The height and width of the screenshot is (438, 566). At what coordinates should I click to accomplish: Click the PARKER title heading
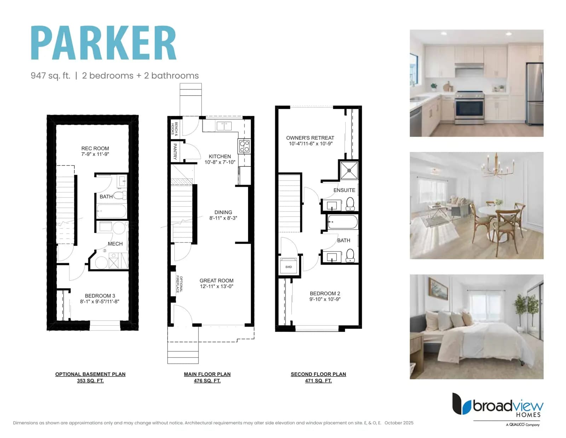[x=104, y=43]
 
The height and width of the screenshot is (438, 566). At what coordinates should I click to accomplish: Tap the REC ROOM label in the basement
[x=95, y=148]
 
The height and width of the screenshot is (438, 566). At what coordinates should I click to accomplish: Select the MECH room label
[x=115, y=244]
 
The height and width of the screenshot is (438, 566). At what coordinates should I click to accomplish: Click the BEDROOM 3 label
[x=100, y=296]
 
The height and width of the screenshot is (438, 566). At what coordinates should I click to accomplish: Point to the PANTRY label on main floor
[x=175, y=151]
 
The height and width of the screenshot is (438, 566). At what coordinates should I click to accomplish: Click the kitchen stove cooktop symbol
[x=244, y=146]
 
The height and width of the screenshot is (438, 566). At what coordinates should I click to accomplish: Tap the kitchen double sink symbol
[x=224, y=126]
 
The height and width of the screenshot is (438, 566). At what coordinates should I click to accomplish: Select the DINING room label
[x=223, y=212]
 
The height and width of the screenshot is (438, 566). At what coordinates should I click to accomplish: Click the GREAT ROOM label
[x=216, y=280]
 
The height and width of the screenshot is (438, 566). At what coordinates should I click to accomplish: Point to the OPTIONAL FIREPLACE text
[x=179, y=284]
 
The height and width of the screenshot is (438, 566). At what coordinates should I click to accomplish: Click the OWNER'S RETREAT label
[x=310, y=138]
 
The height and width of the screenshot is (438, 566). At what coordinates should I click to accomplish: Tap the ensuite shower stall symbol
[x=349, y=170]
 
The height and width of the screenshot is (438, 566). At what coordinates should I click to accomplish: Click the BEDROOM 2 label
[x=325, y=293]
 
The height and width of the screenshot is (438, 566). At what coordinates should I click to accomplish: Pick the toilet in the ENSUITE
[x=350, y=204]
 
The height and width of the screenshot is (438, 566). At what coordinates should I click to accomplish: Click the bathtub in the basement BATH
[x=111, y=211]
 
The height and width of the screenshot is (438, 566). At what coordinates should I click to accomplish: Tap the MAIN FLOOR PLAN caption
[x=207, y=374]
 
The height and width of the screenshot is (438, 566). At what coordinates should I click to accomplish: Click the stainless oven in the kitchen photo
[x=469, y=107]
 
